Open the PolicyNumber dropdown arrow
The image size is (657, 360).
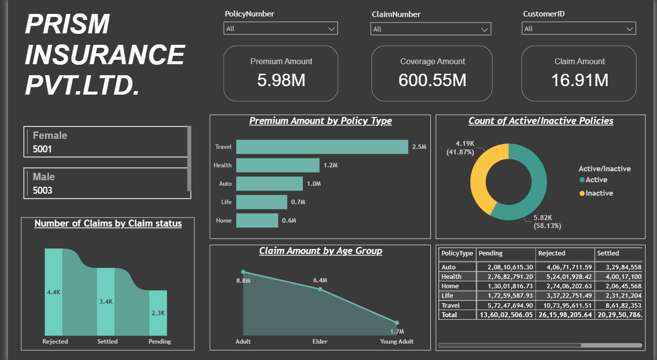pos(332,29)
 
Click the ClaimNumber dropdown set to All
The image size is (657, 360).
pos(430,29)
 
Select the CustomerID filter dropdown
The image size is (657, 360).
pos(579,29)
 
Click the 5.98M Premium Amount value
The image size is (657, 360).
pos(281,80)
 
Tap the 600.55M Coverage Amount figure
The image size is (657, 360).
pos(432,80)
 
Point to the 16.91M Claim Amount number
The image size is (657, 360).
pos(579,80)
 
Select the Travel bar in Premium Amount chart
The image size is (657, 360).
pos(322,147)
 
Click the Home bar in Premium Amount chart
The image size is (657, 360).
pos(257,221)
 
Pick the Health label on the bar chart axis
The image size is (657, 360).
pos(223,165)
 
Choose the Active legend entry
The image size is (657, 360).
pos(596,180)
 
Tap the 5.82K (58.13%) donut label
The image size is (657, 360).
pos(547,222)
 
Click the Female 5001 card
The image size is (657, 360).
pos(105,142)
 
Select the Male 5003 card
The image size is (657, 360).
pos(105,183)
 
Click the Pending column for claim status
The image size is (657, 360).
pos(158,313)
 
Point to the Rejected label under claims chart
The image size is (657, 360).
pos(55,342)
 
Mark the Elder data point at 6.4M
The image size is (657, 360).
pos(320,289)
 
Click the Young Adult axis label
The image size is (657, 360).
pos(397,342)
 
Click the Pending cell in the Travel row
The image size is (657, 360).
pos(505,305)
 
